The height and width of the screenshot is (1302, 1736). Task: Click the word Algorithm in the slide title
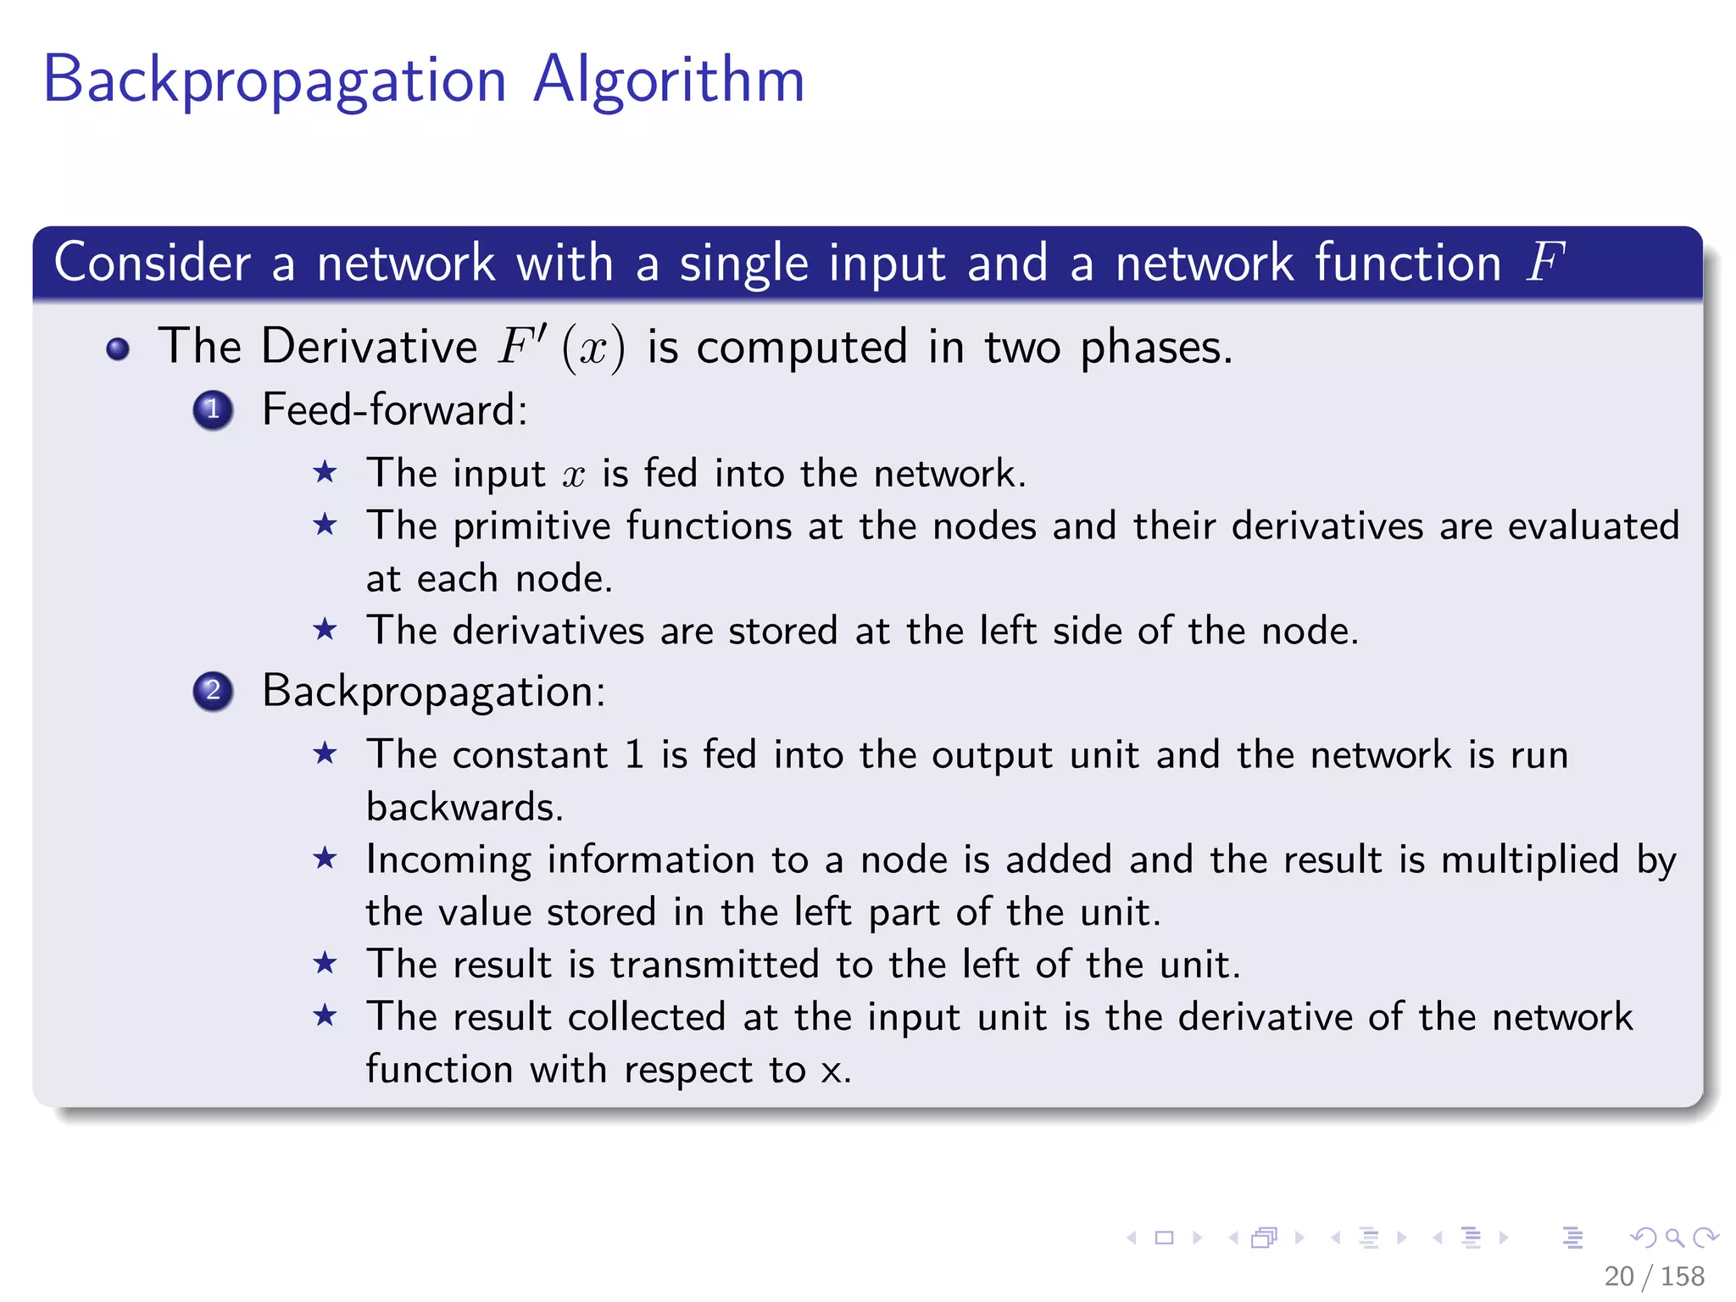[669, 81]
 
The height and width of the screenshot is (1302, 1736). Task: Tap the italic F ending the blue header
[1544, 262]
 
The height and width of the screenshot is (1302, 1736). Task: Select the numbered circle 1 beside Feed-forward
[213, 410]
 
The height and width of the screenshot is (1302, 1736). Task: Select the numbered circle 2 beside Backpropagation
[213, 691]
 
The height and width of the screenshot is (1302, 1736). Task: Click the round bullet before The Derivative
[118, 348]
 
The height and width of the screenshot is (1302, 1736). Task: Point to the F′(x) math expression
[561, 347]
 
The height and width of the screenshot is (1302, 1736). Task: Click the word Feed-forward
[394, 410]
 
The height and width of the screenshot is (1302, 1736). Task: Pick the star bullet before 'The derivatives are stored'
[325, 630]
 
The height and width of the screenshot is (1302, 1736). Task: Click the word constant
[530, 754]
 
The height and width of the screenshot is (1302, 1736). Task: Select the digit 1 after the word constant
[634, 754]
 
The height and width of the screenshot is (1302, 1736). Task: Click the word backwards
[465, 807]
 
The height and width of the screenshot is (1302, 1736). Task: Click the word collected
[646, 1017]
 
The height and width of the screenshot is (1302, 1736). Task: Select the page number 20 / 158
[1654, 1276]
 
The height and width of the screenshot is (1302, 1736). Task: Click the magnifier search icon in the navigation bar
[1674, 1238]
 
